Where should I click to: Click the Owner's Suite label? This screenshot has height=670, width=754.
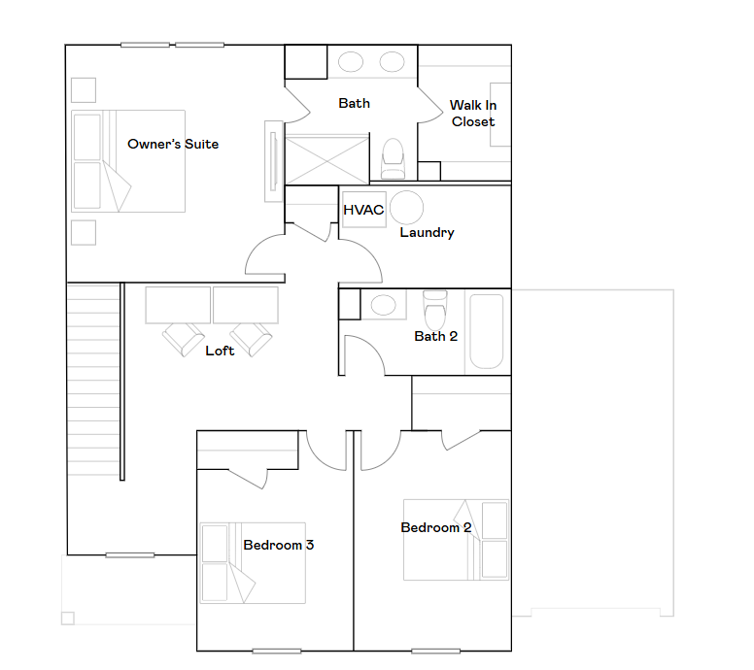coord(173,144)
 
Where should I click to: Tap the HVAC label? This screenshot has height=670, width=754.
coord(363,210)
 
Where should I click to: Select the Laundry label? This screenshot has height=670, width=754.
coord(427,233)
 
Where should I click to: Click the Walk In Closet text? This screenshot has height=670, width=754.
coord(473,114)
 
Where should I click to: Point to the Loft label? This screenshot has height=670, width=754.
coord(220,351)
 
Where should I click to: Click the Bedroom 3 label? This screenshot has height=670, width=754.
coord(279,545)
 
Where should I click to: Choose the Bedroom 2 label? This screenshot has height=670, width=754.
coord(435,527)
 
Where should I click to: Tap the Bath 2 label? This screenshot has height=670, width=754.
coord(435,336)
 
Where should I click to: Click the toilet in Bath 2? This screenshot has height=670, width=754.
coord(435,309)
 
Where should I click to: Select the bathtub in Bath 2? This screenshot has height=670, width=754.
coord(487,332)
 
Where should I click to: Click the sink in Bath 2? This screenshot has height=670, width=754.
coord(383,305)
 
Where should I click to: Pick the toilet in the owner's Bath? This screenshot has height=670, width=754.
coord(393,158)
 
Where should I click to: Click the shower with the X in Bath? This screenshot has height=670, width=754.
coord(327,160)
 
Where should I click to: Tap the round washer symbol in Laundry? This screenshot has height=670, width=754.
coord(407,208)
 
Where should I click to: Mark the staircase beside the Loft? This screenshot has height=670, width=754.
coord(93,380)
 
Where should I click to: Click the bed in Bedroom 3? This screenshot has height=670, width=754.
coord(253,563)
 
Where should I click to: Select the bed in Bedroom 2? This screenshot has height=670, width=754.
coord(456,540)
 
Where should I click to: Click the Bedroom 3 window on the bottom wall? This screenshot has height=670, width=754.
coord(277,652)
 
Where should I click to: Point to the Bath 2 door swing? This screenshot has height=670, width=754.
coord(364,355)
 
